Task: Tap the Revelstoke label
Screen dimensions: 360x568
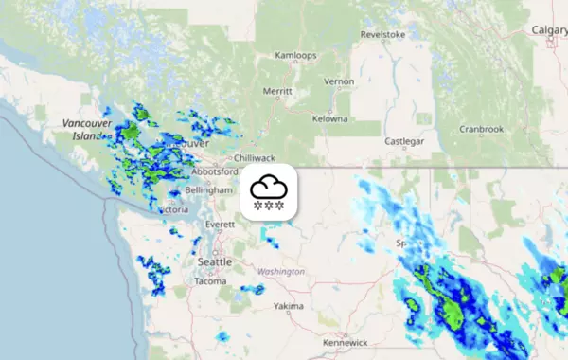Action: coord(382,35)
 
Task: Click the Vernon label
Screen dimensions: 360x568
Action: coord(338,81)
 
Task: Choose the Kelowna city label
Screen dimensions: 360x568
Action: coord(330,119)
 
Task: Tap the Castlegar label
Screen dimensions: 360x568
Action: coord(404,141)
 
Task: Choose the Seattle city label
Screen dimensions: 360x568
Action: coord(215,261)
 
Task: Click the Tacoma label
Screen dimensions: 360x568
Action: coord(209,281)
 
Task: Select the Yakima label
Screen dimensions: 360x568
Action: coord(288,307)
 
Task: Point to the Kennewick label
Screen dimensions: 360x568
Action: coord(343,341)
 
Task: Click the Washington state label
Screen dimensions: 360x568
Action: coord(280,272)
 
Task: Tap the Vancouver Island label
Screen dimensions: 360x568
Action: coord(87,130)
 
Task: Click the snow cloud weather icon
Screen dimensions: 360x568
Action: coord(269,193)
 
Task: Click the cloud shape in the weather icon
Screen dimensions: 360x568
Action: coord(269,186)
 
